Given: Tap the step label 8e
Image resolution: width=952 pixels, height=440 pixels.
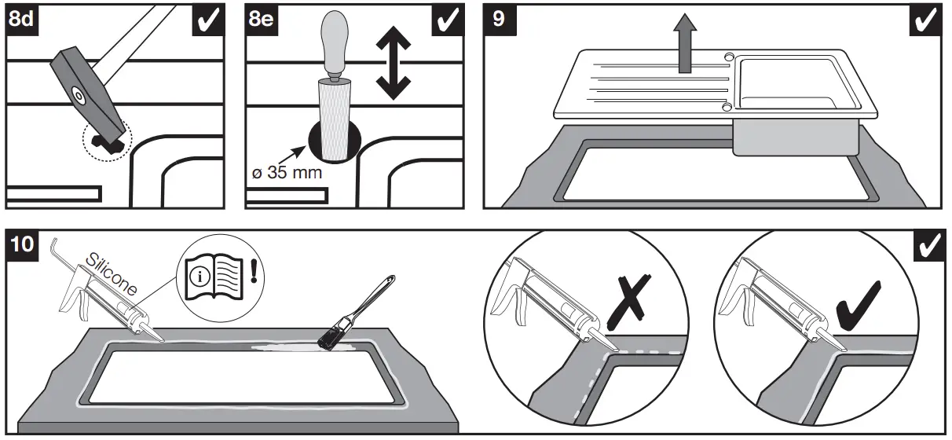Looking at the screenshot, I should pos(262,19).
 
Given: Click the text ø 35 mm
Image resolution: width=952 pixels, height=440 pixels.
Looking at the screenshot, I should pos(288,172).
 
